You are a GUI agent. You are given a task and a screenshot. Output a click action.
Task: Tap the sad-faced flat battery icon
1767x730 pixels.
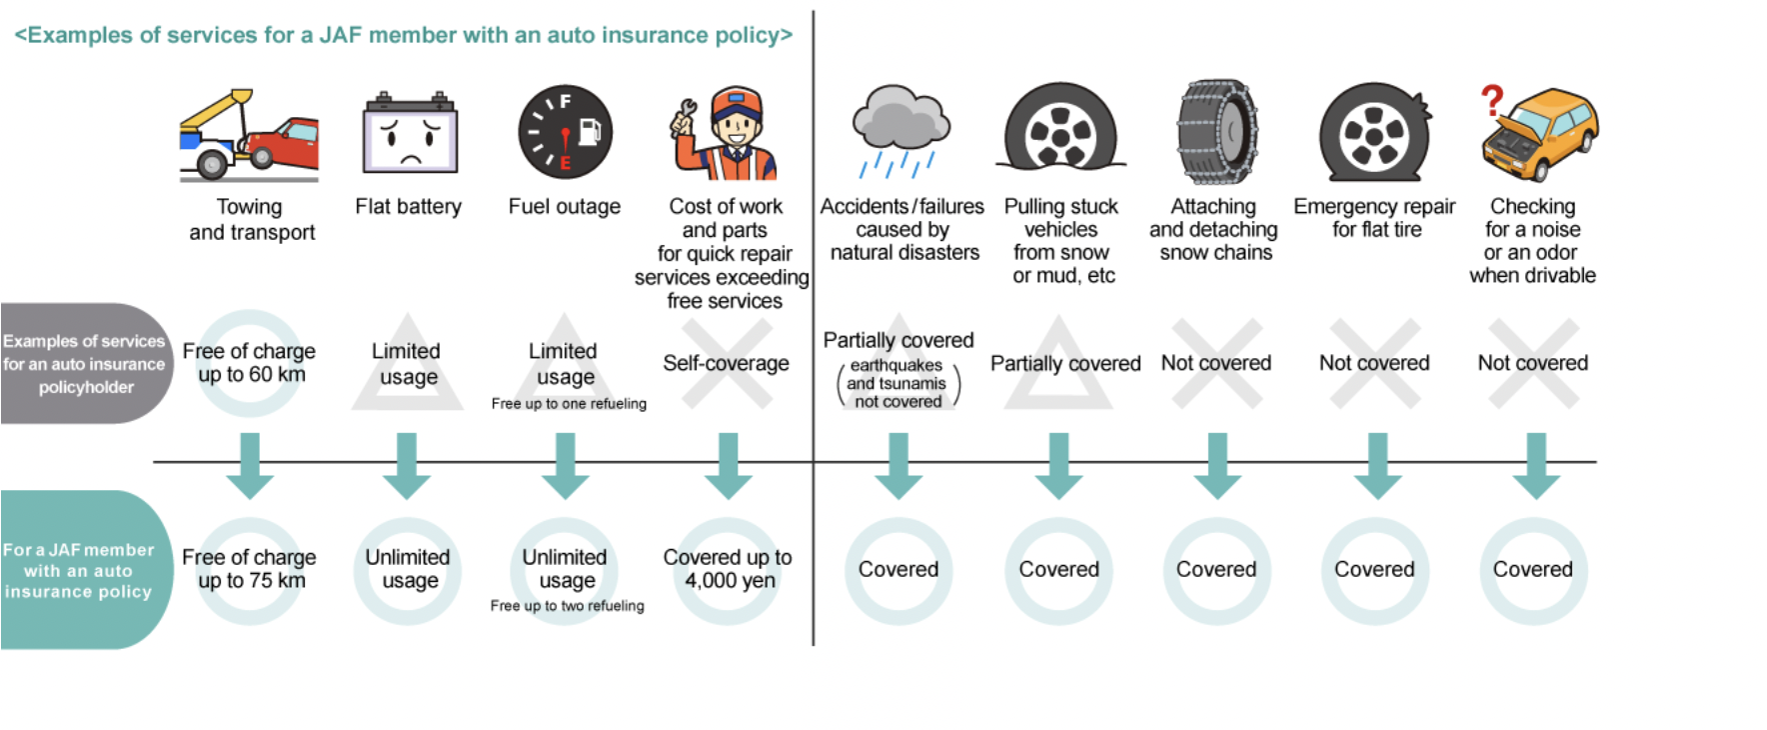pyautogui.click(x=409, y=135)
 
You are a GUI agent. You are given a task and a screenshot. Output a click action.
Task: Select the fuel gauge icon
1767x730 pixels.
pyautogui.click(x=565, y=132)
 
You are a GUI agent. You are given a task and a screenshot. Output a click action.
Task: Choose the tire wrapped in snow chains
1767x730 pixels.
pyautogui.click(x=1216, y=132)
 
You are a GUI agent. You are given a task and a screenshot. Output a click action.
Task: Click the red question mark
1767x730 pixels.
pyautogui.click(x=1492, y=100)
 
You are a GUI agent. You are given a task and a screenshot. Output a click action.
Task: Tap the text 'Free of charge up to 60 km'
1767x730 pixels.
pyautogui.click(x=249, y=363)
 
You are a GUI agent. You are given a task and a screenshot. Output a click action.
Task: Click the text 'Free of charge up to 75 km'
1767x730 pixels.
pyautogui.click(x=249, y=569)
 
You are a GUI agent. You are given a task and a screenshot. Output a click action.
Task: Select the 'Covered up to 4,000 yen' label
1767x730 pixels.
pyautogui.click(x=728, y=569)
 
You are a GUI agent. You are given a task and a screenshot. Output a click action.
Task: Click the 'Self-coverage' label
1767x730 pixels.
pyautogui.click(x=726, y=363)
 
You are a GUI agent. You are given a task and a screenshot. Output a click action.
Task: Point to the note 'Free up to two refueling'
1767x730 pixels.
pyautogui.click(x=567, y=606)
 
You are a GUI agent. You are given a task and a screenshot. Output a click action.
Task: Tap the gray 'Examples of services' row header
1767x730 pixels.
pyautogui.click(x=84, y=364)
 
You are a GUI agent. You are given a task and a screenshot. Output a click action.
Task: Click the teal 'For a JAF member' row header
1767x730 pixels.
pyautogui.click(x=79, y=570)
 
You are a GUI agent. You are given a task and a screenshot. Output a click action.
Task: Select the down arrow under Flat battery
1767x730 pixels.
pyautogui.click(x=407, y=465)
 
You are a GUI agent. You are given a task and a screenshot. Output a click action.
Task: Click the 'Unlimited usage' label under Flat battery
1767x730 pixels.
pyautogui.click(x=408, y=569)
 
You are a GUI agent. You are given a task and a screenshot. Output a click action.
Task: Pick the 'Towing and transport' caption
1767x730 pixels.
pyautogui.click(x=251, y=219)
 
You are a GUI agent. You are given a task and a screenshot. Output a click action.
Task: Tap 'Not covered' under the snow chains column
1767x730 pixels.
pyautogui.click(x=1215, y=363)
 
